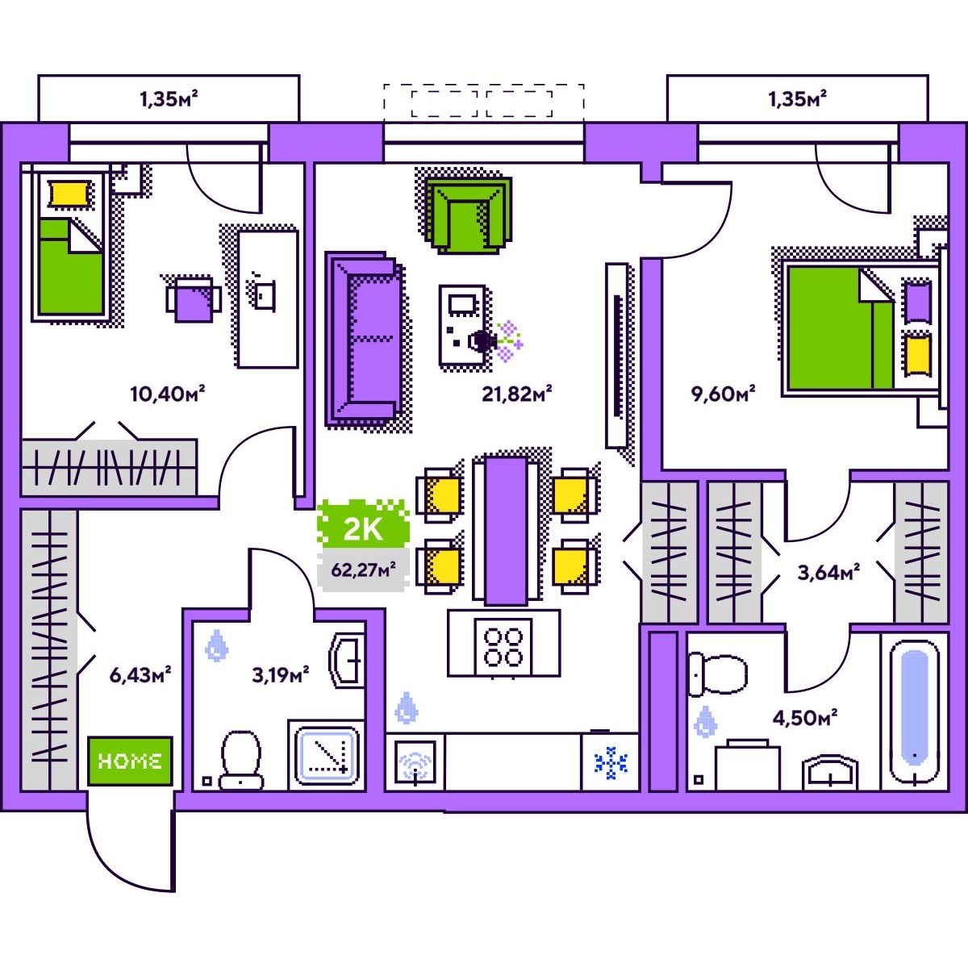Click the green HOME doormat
(130, 761)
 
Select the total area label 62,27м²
(363, 570)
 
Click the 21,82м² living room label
(517, 394)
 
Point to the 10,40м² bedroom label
(168, 394)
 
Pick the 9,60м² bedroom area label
(724, 394)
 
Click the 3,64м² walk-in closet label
(828, 572)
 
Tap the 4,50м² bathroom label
(805, 718)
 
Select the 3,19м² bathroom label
(280, 675)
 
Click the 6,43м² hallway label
(140, 675)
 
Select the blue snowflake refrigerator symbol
(611, 763)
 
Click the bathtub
(914, 713)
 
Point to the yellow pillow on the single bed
(71, 194)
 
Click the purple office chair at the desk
(194, 300)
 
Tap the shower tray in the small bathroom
(327, 756)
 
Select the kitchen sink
(415, 762)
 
